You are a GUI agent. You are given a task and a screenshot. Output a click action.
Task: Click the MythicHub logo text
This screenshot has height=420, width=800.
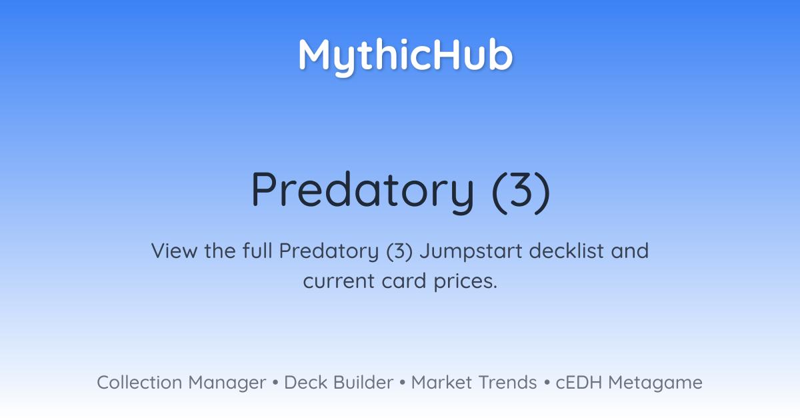click(406, 56)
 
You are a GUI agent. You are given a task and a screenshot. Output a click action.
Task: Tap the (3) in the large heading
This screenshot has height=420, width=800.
click(521, 191)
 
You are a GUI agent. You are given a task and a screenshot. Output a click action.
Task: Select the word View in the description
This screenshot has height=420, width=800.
click(174, 251)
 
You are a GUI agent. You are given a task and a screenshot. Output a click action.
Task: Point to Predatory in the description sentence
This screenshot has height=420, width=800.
click(329, 252)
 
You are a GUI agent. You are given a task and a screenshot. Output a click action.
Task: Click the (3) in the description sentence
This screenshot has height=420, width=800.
click(399, 252)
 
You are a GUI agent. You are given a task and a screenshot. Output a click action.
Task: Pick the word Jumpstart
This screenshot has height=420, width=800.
click(471, 252)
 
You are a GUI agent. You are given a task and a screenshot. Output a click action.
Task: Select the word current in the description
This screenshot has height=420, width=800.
click(339, 281)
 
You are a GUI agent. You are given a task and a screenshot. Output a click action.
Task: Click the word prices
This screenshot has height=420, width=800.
click(465, 282)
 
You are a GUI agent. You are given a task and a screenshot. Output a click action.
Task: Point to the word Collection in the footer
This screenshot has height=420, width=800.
click(139, 383)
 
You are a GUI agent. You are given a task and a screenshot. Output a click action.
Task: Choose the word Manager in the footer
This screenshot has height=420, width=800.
click(227, 383)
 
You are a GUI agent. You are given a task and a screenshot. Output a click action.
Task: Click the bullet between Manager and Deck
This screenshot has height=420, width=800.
click(275, 383)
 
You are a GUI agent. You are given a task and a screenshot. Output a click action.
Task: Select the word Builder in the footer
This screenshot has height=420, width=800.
click(363, 383)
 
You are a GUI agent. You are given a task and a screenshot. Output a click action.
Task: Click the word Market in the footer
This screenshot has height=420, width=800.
click(441, 383)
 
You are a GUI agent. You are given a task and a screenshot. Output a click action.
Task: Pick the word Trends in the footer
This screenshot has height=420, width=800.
click(507, 383)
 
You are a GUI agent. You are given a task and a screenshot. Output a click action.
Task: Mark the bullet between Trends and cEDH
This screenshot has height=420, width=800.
click(547, 383)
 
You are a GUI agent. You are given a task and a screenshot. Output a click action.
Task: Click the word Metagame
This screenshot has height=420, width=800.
click(655, 383)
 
